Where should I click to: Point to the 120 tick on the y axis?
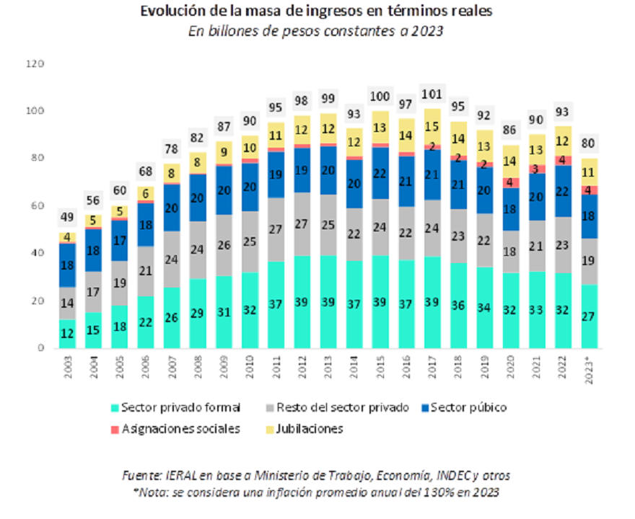point(36,64)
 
